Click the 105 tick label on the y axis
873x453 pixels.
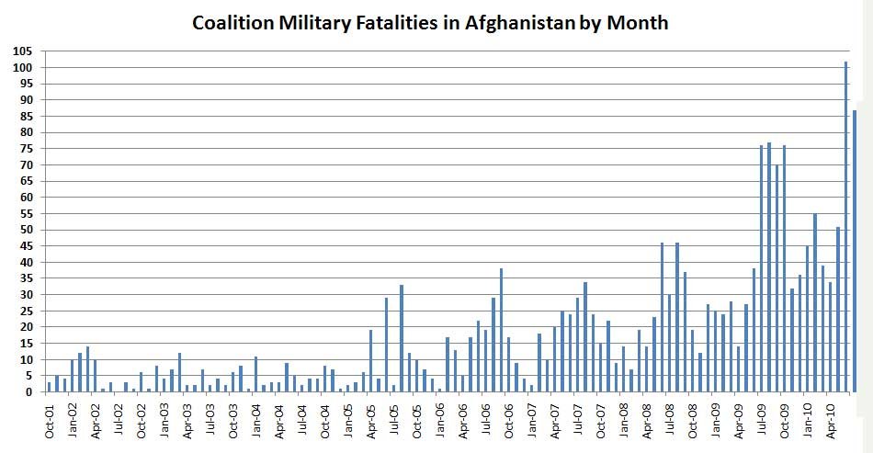23,51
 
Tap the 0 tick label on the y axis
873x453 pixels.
29,392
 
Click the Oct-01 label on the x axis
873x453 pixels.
50,420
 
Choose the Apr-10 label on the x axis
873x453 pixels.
830,420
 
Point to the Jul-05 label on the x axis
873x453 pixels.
394,420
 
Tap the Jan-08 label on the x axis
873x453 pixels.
623,420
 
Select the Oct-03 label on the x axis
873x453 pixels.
233,420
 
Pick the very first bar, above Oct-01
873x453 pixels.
49,387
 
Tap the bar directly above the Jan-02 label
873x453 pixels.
72,376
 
